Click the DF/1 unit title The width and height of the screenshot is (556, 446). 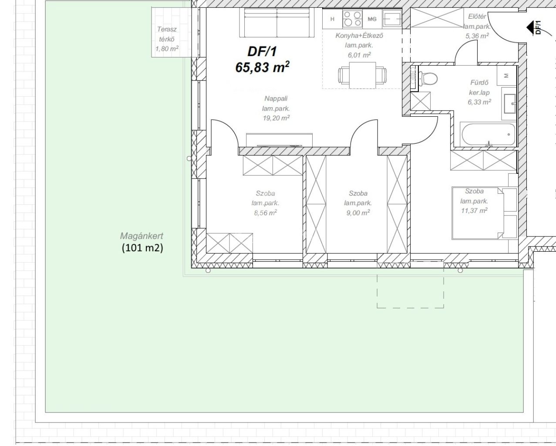coord(262,51)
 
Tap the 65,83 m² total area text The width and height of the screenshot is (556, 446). coord(262,67)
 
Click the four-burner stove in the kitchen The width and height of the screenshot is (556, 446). coord(352,19)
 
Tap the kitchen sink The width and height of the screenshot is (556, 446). coord(392,19)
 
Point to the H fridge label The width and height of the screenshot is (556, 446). coord(333,19)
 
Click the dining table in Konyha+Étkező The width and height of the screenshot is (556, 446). coord(363,75)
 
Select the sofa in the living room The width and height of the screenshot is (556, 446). coord(277,23)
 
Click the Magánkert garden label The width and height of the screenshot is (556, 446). coord(142,236)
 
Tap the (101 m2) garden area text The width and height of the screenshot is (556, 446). coord(142,248)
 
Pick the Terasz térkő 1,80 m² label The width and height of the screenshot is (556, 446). coord(167,39)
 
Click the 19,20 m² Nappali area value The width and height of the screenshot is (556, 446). coord(276,118)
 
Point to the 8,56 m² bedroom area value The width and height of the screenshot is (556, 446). coord(265,213)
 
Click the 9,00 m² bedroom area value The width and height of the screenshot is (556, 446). coord(358,213)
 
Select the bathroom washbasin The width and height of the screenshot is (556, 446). coord(509,104)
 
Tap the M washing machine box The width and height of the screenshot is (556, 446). coord(507,76)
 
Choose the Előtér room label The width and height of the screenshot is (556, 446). coord(477,17)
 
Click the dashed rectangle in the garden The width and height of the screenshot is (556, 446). coord(410,308)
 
